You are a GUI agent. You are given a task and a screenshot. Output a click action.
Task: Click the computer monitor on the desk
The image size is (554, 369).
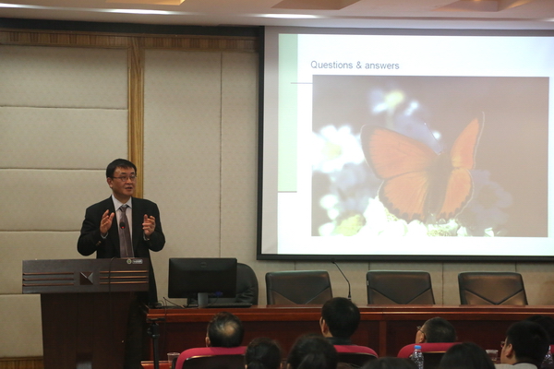pos(202,279)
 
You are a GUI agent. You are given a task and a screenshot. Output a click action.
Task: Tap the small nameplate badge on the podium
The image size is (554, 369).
pos(134,261)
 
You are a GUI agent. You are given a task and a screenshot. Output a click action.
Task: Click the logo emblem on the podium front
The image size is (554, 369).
pos(86,277)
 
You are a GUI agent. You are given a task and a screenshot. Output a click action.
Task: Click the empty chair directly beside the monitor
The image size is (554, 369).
pos(247,283)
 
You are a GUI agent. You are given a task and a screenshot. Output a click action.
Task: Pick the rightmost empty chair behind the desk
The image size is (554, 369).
pos(493,289)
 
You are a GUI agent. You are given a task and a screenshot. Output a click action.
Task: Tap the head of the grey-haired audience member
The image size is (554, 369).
pos(224,330)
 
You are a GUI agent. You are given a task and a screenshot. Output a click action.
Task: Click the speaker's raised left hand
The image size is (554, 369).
pos(149,224)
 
